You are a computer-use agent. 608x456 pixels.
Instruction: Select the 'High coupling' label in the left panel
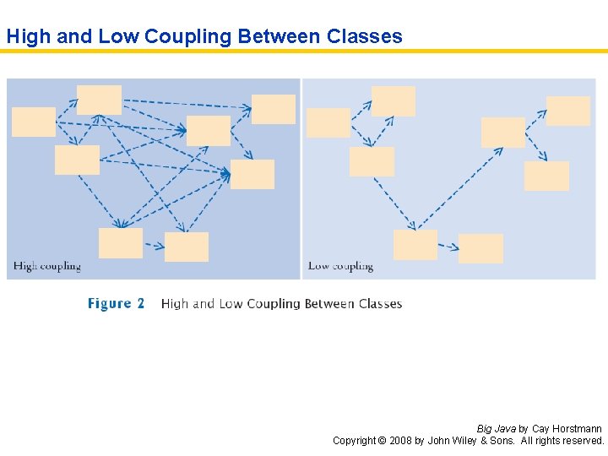47,266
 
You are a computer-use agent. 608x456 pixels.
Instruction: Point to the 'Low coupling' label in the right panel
340,266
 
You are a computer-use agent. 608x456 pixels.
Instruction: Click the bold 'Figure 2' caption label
117,303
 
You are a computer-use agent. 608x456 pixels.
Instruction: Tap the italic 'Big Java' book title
497,429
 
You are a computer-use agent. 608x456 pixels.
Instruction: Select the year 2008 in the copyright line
402,441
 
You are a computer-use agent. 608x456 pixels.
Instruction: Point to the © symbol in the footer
381,441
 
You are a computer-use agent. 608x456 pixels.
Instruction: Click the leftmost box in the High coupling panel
34,122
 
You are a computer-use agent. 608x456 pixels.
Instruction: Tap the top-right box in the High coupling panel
274,109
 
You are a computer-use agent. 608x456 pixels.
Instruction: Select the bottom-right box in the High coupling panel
187,247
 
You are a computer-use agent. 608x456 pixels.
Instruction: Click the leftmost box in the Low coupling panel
328,122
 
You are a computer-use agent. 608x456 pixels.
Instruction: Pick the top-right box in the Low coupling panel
568,111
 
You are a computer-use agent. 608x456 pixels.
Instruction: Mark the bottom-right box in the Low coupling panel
480,248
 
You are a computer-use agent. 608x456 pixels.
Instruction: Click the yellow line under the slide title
304,52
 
